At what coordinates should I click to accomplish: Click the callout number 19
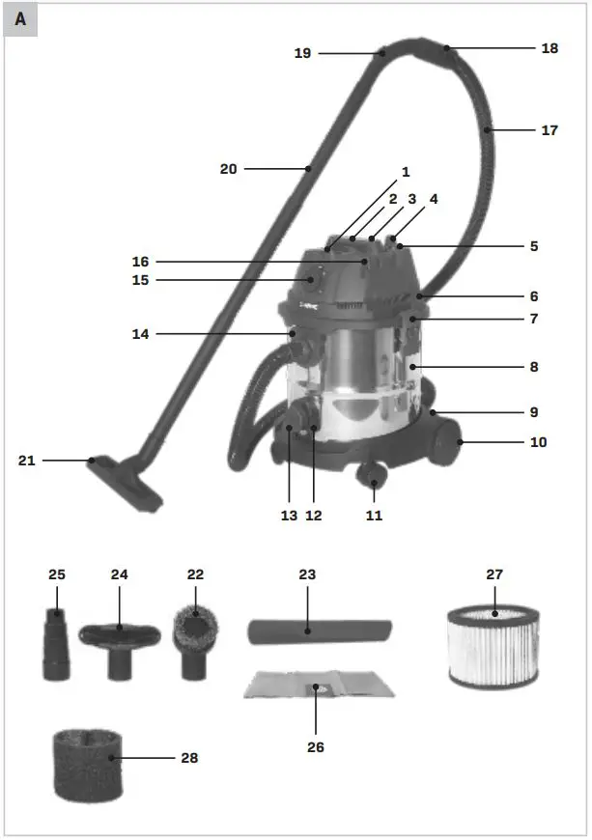point(303,53)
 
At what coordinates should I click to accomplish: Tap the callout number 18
point(550,47)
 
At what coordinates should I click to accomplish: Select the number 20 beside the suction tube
point(228,169)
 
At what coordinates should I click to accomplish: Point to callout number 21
point(26,461)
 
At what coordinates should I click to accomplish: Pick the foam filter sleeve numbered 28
point(87,764)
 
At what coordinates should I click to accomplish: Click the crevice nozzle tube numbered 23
point(319,631)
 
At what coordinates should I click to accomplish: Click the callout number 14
point(141,334)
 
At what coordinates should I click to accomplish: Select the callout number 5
point(533,246)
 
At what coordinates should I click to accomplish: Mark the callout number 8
point(533,368)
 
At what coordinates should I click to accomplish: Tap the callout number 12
point(313,516)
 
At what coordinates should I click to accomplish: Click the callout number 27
point(494,574)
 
